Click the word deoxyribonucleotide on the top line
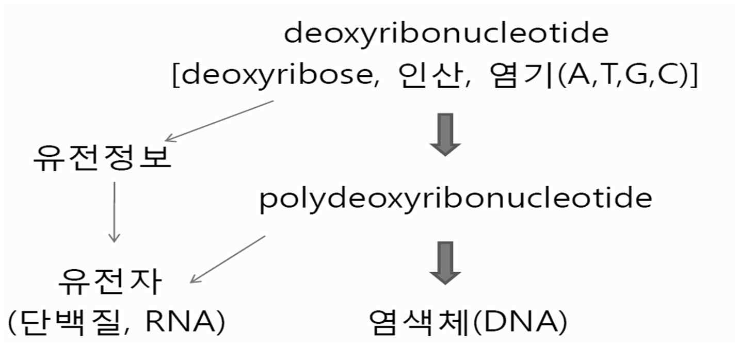pyautogui.click(x=446, y=34)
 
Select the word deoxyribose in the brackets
pyautogui.click(x=273, y=76)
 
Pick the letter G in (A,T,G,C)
pyautogui.click(x=633, y=76)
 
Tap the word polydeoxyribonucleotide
pyautogui.click(x=456, y=200)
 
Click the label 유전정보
pyautogui.click(x=101, y=159)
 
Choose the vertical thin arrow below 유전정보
pyautogui.click(x=114, y=211)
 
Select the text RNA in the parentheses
pyautogui.click(x=178, y=323)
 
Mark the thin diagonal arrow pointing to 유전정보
pyautogui.click(x=219, y=121)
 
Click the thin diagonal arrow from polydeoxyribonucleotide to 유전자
pyautogui.click(x=228, y=259)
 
